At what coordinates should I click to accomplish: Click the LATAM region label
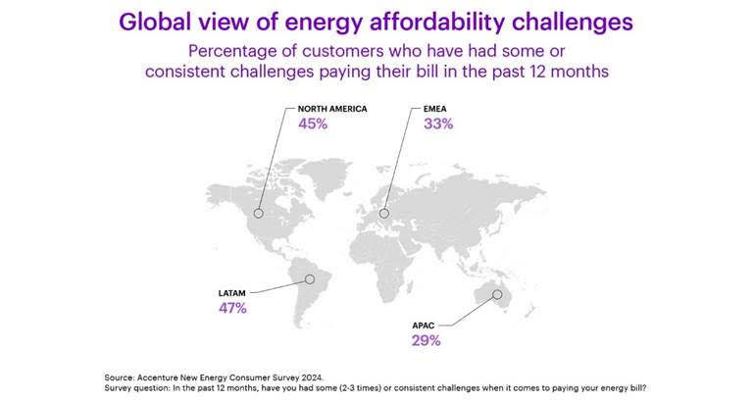tap(233, 292)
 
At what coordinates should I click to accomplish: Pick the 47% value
tap(233, 309)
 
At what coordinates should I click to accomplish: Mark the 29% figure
tap(427, 341)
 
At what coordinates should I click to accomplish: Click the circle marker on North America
tap(260, 213)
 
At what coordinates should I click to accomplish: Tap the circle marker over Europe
tap(384, 213)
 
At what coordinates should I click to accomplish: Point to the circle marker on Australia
tap(497, 293)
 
